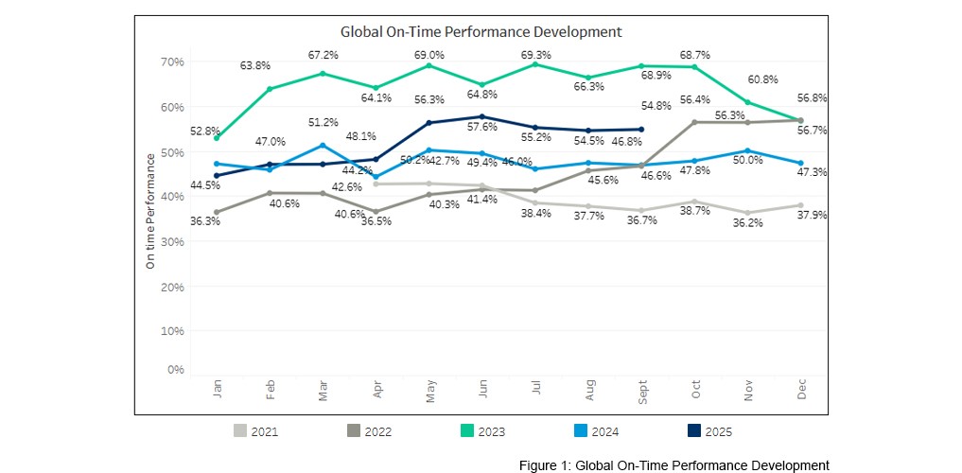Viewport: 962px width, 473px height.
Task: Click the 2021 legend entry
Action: [255, 431]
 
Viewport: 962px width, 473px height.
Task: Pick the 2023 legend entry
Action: [482, 431]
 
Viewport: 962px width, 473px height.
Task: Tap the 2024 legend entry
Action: [596, 431]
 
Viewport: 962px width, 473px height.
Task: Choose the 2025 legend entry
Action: [709, 431]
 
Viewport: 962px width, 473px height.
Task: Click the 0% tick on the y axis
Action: [175, 369]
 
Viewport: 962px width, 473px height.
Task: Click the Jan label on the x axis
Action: [218, 390]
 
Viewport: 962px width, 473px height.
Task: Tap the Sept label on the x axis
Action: [642, 392]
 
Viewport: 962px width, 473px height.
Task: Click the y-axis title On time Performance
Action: [150, 215]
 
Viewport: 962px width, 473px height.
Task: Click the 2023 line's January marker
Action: [218, 138]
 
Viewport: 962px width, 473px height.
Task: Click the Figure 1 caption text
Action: [673, 464]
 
